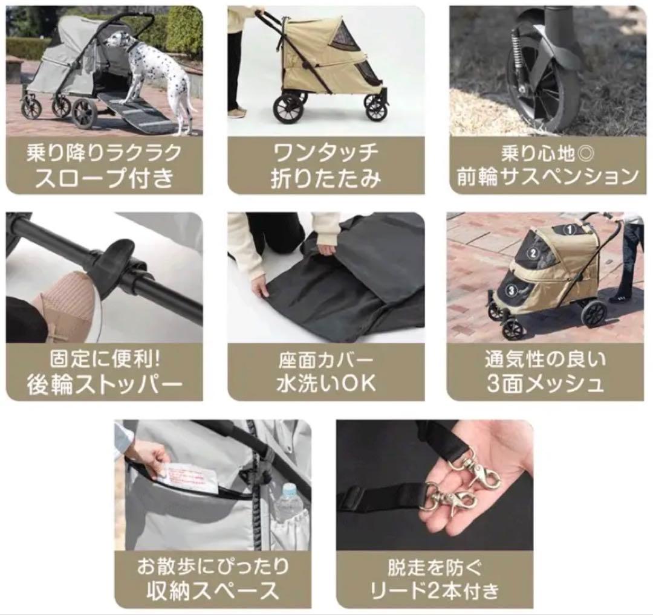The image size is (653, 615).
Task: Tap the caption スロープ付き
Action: tap(104, 178)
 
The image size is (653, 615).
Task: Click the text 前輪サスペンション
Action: tap(548, 176)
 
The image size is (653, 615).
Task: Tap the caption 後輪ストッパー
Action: tap(104, 385)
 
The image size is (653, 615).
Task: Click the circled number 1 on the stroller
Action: tap(568, 230)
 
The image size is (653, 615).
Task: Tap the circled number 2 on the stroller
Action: tap(534, 254)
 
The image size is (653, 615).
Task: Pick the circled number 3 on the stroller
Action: tap(511, 289)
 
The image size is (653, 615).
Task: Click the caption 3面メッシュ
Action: tap(545, 384)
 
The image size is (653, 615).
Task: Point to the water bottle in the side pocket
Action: tap(289, 504)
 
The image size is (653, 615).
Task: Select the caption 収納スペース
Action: tap(213, 590)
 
